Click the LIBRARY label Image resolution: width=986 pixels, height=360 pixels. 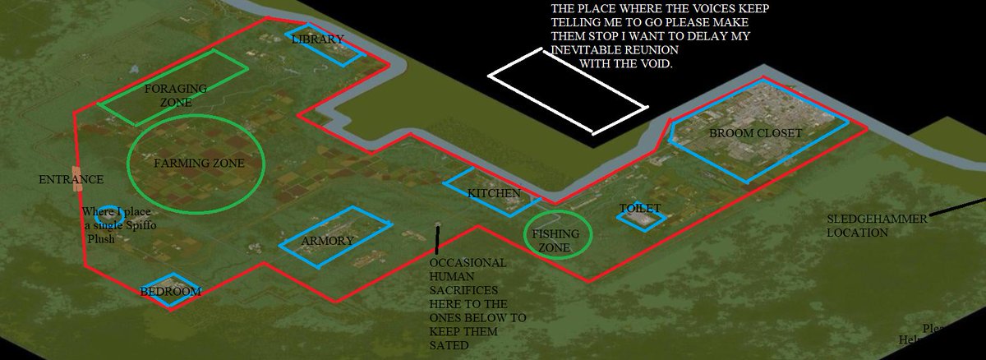click(317, 39)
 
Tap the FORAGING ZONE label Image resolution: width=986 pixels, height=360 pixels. click(168, 95)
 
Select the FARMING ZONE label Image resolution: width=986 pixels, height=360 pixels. click(199, 164)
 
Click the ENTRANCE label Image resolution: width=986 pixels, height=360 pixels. click(71, 179)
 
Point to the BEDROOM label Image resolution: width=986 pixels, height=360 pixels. click(170, 291)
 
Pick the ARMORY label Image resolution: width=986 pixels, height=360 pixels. click(327, 241)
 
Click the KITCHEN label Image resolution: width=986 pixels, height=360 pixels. click(494, 194)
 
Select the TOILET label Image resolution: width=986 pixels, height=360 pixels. click(640, 209)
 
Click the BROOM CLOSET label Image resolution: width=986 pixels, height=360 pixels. click(755, 132)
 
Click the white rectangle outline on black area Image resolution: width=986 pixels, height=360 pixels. click(566, 91)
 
